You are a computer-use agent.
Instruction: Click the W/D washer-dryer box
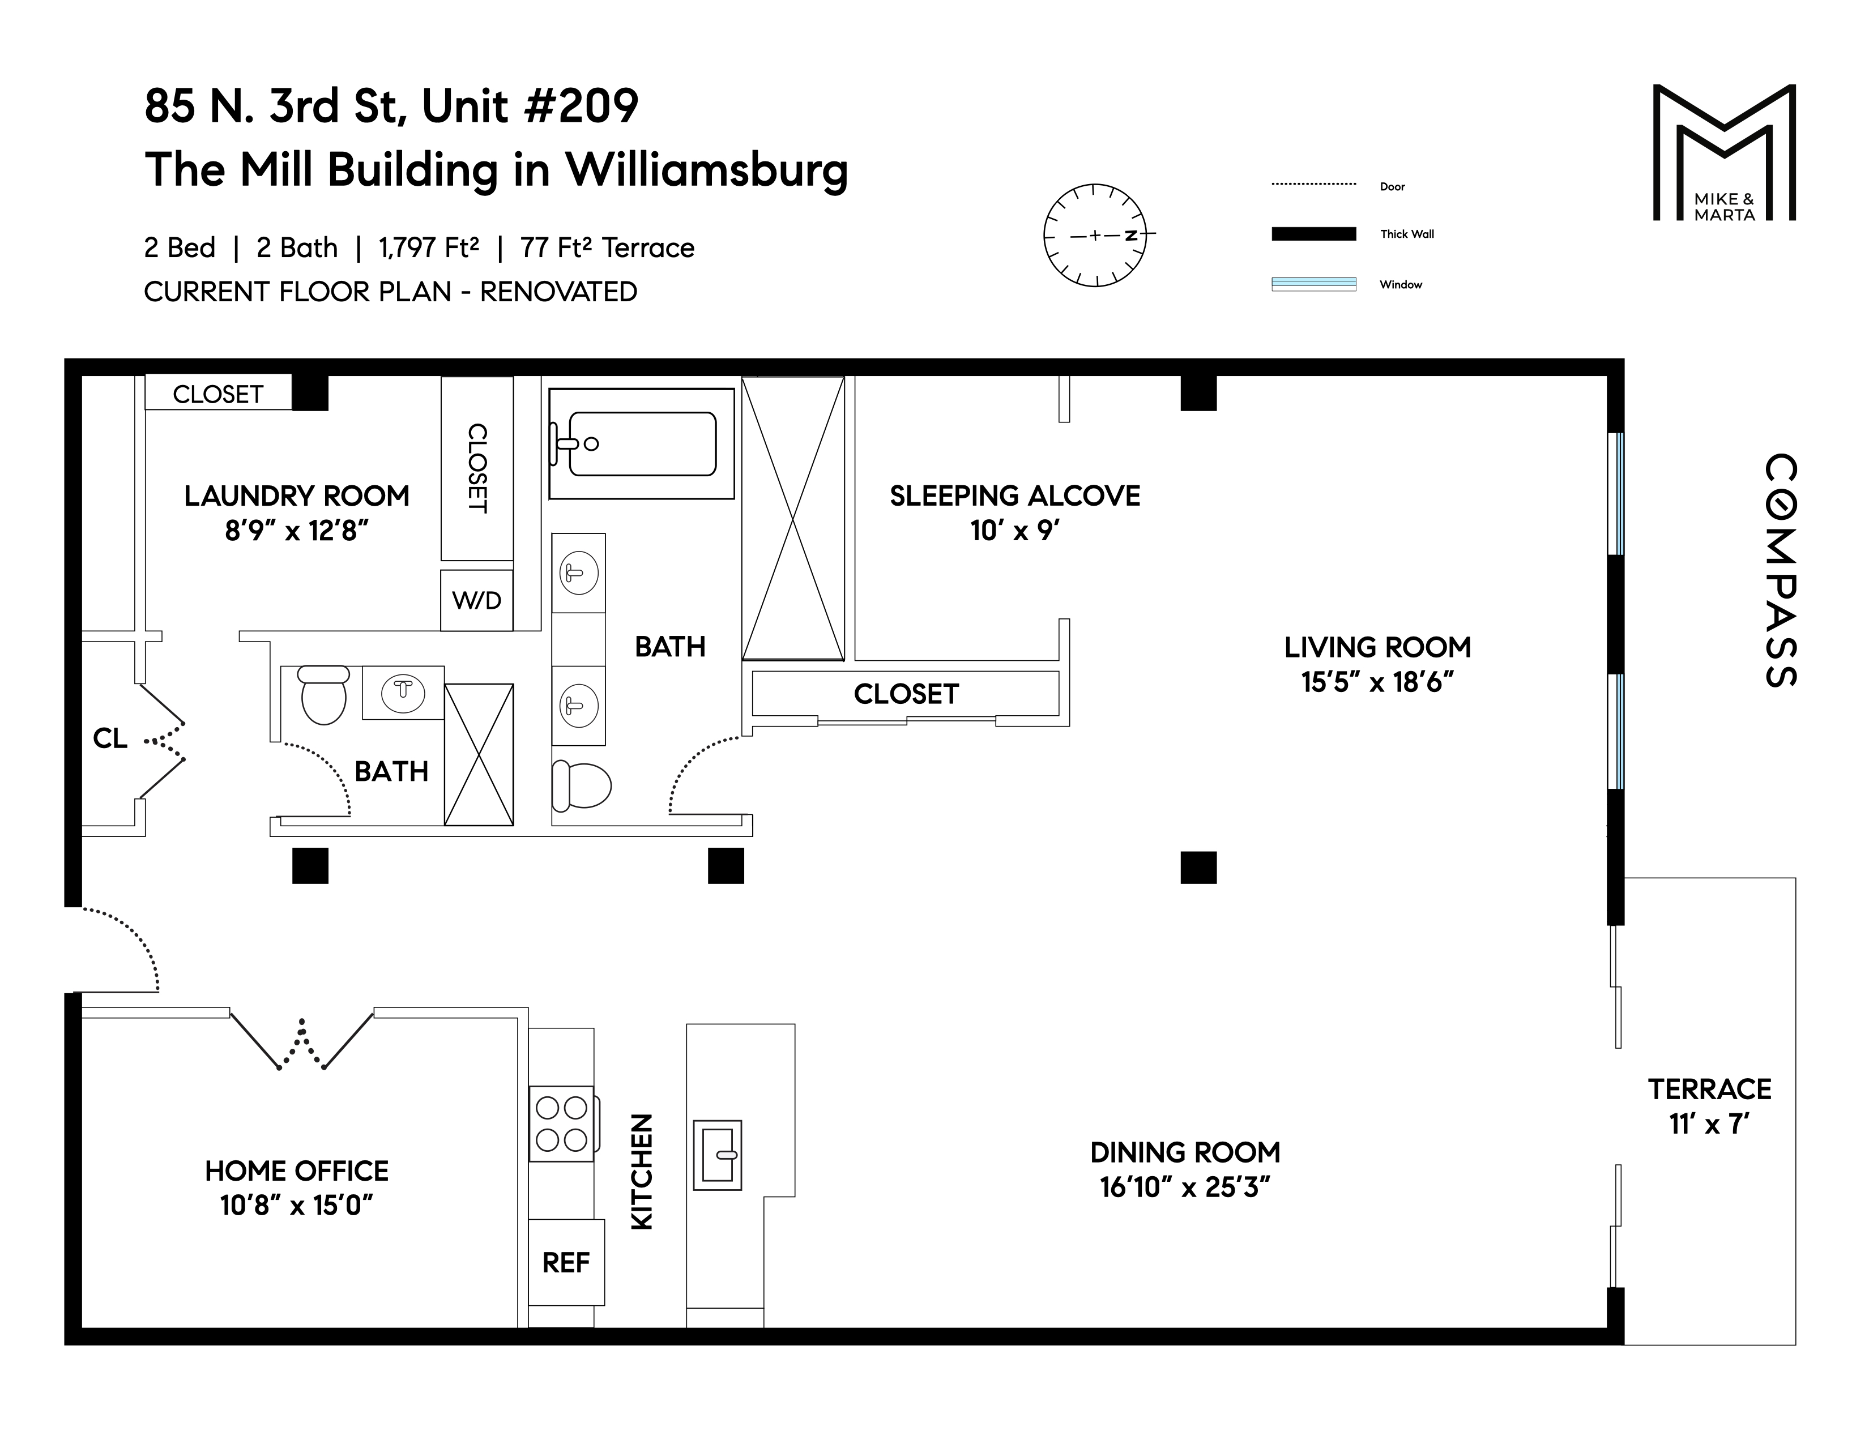pyautogui.click(x=477, y=600)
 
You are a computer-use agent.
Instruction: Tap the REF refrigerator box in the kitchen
pyautogui.click(x=566, y=1263)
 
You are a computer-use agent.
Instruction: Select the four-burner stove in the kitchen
pyautogui.click(x=561, y=1123)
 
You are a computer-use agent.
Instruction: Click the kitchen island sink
pyautogui.click(x=717, y=1155)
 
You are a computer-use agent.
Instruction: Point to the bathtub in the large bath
pyautogui.click(x=642, y=443)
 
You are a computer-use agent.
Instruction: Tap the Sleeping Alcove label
pyautogui.click(x=1014, y=495)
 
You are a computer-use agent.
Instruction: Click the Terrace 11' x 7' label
pyautogui.click(x=1709, y=1105)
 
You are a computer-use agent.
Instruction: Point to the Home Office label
pyautogui.click(x=296, y=1170)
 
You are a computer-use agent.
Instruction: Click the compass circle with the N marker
pyautogui.click(x=1095, y=234)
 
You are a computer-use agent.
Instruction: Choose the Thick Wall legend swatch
pyautogui.click(x=1313, y=233)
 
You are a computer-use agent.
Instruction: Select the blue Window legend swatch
pyautogui.click(x=1313, y=284)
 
